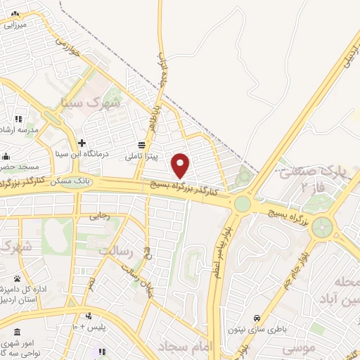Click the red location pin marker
[181, 166]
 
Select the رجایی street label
[99, 217]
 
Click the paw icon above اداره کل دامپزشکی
[16, 278]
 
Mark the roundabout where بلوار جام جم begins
[323, 226]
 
